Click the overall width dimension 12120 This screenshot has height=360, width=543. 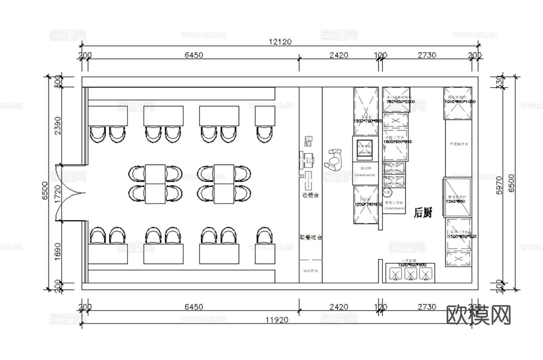tap(280, 42)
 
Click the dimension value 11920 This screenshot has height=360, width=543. tap(277, 320)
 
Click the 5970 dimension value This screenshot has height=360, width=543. tap(499, 185)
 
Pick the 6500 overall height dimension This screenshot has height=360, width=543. tap(45, 191)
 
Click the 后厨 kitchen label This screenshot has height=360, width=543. tap(423, 213)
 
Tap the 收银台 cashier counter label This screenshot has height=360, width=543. tap(311, 195)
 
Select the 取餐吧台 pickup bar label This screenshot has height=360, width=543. tap(311, 238)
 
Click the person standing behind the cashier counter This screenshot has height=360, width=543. tap(334, 161)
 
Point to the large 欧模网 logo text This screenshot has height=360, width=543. tap(478, 315)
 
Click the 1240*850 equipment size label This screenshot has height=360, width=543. tap(456, 201)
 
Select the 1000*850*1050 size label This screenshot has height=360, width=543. tap(460, 102)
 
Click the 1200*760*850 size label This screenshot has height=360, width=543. tap(368, 204)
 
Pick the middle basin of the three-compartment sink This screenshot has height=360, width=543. tap(410, 274)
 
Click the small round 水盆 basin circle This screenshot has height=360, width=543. tap(386, 193)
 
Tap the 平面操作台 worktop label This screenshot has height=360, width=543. tap(459, 144)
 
